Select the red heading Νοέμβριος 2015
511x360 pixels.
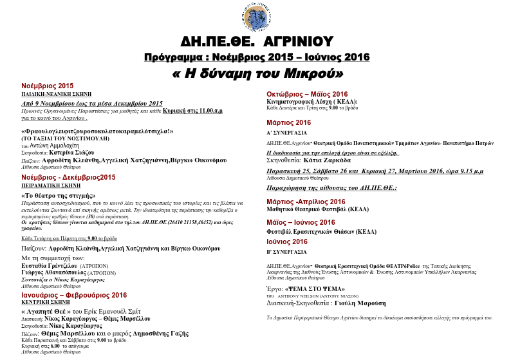(48, 86)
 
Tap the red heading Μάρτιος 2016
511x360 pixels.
(289, 122)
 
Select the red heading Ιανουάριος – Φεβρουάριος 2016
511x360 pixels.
(74, 295)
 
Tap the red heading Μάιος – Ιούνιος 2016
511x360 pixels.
(307, 222)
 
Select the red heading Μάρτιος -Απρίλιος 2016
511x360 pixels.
(306, 202)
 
